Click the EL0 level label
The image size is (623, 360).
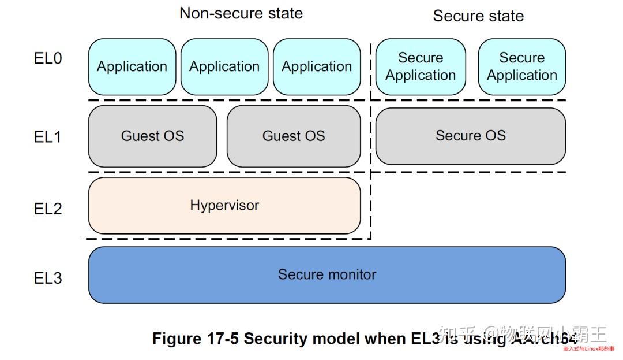[x=48, y=58]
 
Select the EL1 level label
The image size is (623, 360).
[x=48, y=137]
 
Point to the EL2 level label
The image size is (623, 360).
[x=48, y=208]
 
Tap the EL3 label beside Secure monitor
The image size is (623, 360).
[x=48, y=278]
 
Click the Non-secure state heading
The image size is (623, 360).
[x=241, y=13]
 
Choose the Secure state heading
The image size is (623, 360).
[x=478, y=16]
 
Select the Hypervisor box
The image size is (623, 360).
[x=224, y=206]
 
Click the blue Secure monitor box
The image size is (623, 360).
[x=326, y=275]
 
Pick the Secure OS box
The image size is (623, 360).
[x=470, y=136]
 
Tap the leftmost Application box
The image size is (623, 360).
[x=132, y=67]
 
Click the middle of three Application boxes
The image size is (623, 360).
[x=224, y=67]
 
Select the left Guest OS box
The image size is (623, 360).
[x=152, y=136]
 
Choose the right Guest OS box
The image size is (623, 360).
[x=294, y=136]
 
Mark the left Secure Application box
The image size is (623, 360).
[x=421, y=67]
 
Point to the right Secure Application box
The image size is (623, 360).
[x=522, y=67]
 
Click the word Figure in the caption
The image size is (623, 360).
[x=176, y=339]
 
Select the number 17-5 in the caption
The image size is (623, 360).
[x=222, y=339]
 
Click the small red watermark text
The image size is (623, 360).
[x=588, y=349]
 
